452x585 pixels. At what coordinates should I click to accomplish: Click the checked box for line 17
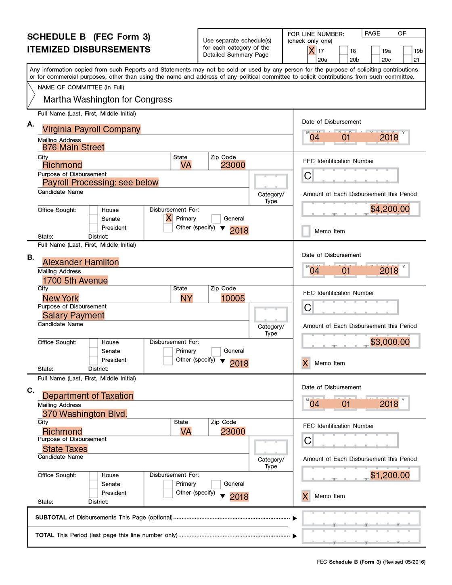pyautogui.click(x=312, y=50)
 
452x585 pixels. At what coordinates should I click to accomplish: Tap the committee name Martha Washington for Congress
pyautogui.click(x=107, y=100)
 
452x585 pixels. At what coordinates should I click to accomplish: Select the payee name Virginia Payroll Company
pyautogui.click(x=91, y=129)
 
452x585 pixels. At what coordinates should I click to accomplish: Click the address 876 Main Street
pyautogui.click(x=73, y=147)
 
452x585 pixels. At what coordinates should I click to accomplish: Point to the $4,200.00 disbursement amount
pyautogui.click(x=389, y=209)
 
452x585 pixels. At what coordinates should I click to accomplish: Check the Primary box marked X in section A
pyautogui.click(x=169, y=218)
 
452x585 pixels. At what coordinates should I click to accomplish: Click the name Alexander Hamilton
pyautogui.click(x=80, y=262)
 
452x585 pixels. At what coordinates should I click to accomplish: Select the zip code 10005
pyautogui.click(x=233, y=298)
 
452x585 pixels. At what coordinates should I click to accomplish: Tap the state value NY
pyautogui.click(x=186, y=298)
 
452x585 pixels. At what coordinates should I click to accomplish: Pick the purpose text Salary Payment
pyautogui.click(x=73, y=316)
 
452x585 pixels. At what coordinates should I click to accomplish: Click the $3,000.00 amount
pyautogui.click(x=389, y=342)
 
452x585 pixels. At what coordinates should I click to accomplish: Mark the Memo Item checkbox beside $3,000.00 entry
pyautogui.click(x=306, y=363)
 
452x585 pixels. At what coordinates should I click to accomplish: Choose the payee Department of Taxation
pyautogui.click(x=88, y=396)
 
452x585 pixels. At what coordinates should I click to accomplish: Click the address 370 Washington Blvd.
pyautogui.click(x=84, y=414)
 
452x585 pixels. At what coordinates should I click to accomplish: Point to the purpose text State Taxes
pyautogui.click(x=65, y=449)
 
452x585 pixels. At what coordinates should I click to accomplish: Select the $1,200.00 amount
pyautogui.click(x=389, y=475)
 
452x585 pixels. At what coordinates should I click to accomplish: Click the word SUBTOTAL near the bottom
pyautogui.click(x=51, y=518)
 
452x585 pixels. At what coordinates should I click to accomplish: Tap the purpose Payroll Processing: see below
pyautogui.click(x=100, y=182)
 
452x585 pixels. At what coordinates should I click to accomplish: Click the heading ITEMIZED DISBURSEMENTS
pyautogui.click(x=88, y=50)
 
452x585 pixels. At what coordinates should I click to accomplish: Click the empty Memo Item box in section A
pyautogui.click(x=306, y=231)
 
